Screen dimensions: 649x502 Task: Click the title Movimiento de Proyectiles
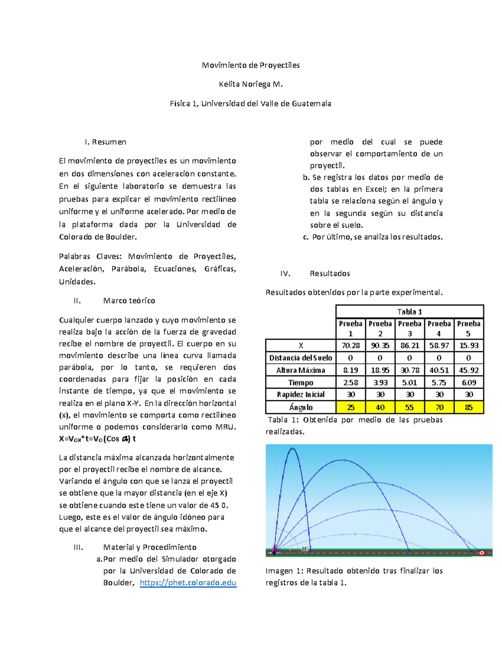tap(251, 65)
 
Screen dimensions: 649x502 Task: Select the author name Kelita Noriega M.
tap(251, 84)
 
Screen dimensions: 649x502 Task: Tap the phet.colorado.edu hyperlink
tap(188, 583)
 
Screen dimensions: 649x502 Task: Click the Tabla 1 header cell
tap(410, 312)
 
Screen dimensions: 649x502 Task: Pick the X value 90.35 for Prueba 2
tap(380, 346)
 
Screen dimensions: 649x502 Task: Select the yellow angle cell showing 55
tap(410, 407)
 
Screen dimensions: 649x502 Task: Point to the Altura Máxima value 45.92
tap(469, 370)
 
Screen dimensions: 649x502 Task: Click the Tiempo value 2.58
tap(351, 382)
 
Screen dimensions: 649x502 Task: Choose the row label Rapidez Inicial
tap(300, 394)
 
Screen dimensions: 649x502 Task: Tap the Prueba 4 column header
tap(439, 328)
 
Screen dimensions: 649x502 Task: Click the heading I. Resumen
tap(105, 142)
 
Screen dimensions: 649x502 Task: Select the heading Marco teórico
tap(129, 300)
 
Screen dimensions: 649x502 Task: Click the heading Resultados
tap(330, 273)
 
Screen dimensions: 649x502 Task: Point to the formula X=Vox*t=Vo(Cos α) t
tap(97, 439)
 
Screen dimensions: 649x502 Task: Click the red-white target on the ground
tap(482, 553)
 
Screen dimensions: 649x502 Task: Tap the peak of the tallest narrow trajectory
tap(292, 449)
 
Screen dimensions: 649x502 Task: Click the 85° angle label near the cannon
tap(305, 549)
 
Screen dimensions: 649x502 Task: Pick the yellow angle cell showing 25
tap(351, 407)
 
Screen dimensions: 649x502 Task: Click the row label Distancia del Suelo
tap(300, 358)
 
